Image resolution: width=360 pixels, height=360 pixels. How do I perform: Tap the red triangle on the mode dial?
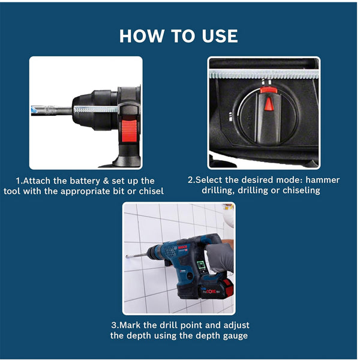[269, 104]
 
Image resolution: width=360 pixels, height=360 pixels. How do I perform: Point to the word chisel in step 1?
[150, 191]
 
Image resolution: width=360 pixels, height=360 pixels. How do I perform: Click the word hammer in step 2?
[322, 180]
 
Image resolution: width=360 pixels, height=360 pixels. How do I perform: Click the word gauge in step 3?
[235, 335]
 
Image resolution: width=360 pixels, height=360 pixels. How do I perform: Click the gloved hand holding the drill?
[220, 257]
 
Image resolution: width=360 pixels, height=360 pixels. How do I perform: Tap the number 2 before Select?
[191, 180]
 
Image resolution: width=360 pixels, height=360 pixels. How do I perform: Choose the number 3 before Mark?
[114, 325]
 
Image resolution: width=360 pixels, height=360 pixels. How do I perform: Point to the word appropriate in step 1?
[87, 191]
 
